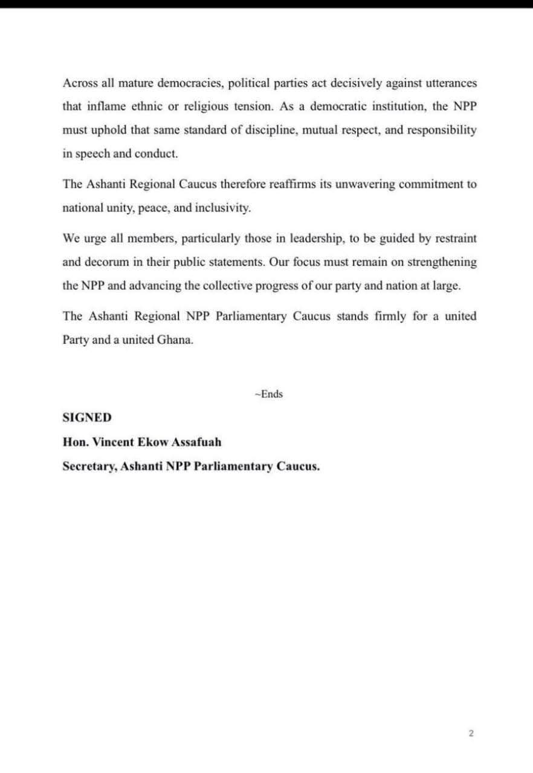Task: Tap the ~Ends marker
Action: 269,394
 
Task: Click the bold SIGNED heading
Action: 87,417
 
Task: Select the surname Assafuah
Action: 196,441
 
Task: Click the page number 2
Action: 471,734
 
